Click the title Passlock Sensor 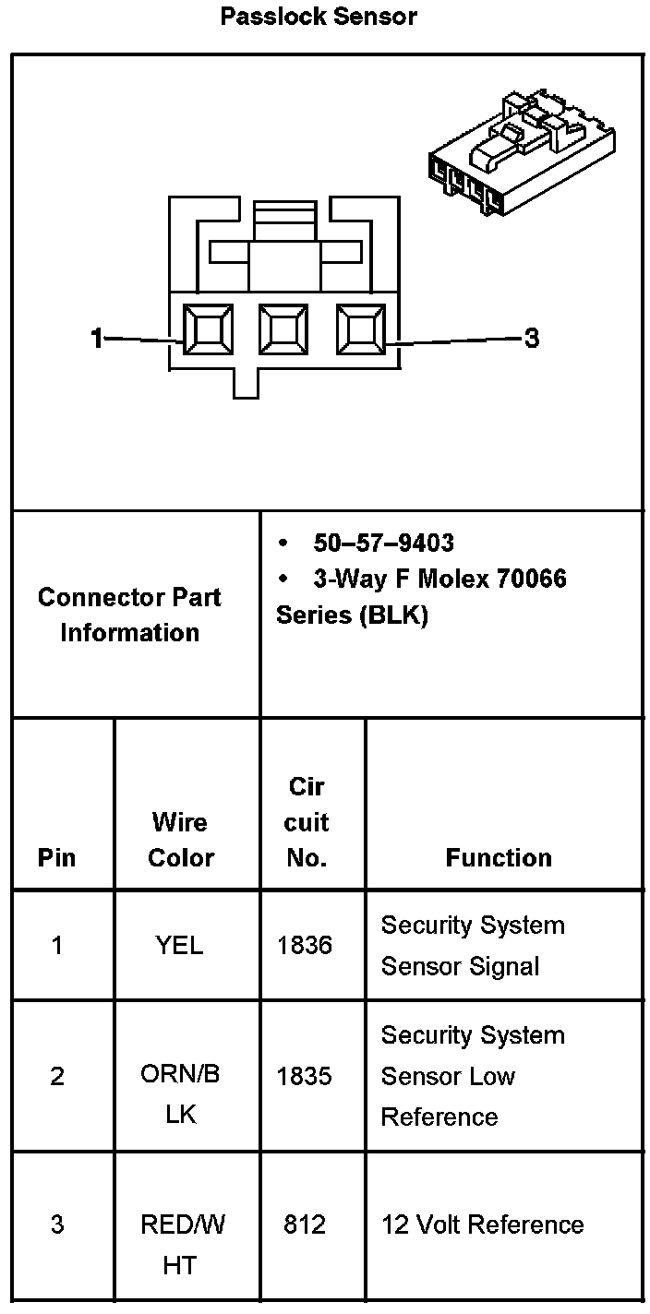click(319, 17)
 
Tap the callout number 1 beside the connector click(97, 339)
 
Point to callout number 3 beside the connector click(531, 339)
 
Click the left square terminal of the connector click(208, 330)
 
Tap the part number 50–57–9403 click(383, 543)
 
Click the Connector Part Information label click(129, 615)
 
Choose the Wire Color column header click(181, 840)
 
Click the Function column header click(499, 858)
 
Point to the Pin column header click(57, 858)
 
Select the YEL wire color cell click(180, 945)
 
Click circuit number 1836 click(305, 945)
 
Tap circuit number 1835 click(305, 1076)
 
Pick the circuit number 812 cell click(305, 1224)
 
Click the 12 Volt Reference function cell click(482, 1224)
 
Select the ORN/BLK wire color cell click(181, 1094)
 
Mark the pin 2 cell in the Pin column click(57, 1076)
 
